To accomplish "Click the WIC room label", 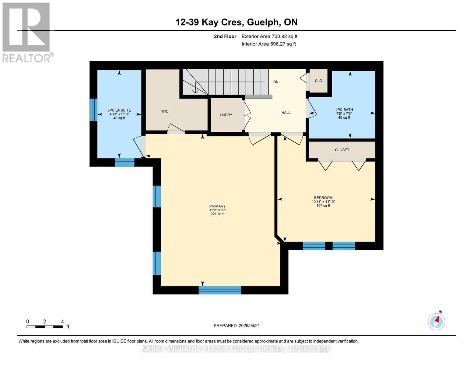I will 165,111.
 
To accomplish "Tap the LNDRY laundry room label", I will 226,115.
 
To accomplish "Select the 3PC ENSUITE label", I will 119,110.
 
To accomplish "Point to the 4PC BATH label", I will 344,110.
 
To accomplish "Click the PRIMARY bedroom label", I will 217,206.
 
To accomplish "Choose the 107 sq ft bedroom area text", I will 323,206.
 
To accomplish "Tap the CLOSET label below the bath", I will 342,150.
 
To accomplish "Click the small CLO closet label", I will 318,81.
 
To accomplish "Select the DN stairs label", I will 276,82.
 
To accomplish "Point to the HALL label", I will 286,113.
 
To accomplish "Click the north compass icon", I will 436,321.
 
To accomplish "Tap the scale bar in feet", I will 45,327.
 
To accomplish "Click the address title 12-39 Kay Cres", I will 236,22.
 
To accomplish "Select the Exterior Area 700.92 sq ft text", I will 269,36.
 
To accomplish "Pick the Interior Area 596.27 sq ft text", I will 268,44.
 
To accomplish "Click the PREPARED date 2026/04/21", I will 236,326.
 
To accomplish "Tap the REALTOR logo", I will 27,32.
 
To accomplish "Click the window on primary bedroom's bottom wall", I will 220,290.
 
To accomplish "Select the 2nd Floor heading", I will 225,36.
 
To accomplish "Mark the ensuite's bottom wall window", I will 124,162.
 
